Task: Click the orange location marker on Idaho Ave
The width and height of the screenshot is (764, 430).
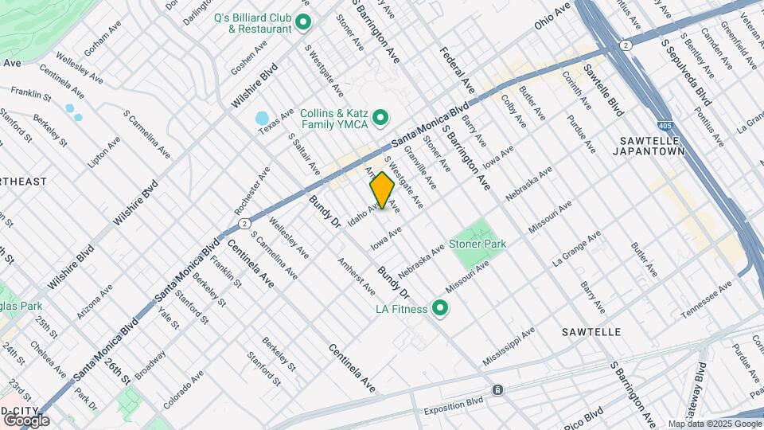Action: (x=382, y=190)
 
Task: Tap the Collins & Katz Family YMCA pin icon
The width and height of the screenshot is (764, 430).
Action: (x=380, y=119)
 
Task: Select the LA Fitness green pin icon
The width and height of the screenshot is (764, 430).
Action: (x=439, y=309)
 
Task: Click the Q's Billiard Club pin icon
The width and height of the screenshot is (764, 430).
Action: (x=302, y=22)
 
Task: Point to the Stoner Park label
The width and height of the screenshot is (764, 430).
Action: (x=478, y=244)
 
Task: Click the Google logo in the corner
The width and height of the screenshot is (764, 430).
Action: (x=26, y=420)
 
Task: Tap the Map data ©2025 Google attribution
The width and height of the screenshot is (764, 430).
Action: (x=715, y=424)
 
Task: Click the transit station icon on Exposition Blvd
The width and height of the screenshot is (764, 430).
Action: (x=497, y=390)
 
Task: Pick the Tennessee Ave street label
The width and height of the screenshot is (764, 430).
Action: (x=704, y=296)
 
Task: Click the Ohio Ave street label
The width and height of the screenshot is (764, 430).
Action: (x=553, y=16)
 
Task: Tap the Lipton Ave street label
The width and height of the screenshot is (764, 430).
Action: (x=104, y=151)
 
